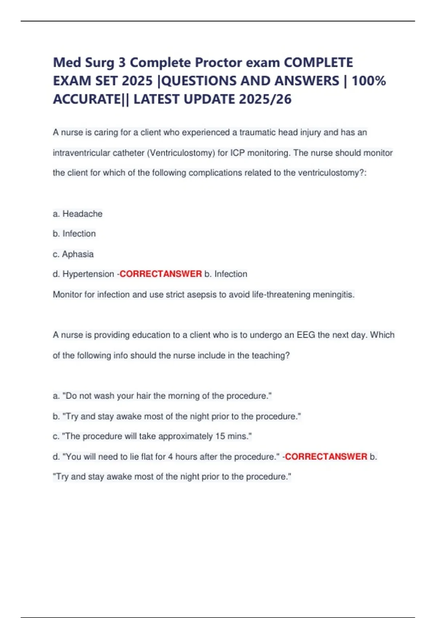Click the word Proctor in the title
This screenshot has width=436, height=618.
tap(218, 63)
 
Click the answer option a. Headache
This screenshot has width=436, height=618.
tap(77, 214)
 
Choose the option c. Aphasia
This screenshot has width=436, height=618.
tap(73, 254)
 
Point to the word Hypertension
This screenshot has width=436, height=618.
tap(88, 274)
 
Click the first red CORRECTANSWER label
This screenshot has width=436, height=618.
tap(161, 274)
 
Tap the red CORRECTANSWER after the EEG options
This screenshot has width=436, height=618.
tap(326, 457)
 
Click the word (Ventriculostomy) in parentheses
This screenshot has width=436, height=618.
tap(181, 153)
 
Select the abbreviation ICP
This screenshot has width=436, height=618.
tap(238, 153)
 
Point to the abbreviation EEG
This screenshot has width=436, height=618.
tap(306, 335)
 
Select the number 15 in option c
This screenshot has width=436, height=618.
tap(220, 436)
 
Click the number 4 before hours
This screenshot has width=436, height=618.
tap(170, 457)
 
